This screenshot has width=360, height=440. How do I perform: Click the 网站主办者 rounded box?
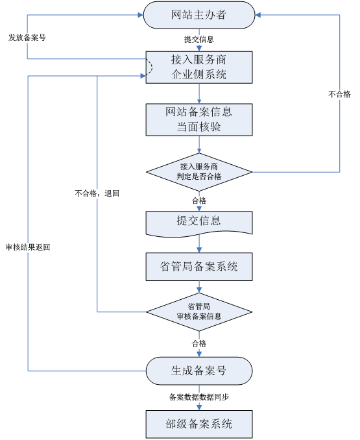click(x=198, y=15)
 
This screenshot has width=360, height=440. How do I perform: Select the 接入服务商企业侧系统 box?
click(x=198, y=67)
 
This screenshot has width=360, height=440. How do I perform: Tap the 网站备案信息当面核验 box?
click(x=198, y=119)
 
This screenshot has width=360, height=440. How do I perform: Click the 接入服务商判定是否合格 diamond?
click(x=198, y=172)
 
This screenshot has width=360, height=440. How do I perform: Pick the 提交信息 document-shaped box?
click(x=198, y=222)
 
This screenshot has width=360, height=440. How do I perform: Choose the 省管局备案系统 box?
click(x=198, y=266)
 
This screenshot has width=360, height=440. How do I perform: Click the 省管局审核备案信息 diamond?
click(x=198, y=312)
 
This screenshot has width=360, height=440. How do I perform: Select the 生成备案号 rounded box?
click(x=198, y=371)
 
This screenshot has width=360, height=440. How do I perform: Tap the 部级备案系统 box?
click(x=198, y=424)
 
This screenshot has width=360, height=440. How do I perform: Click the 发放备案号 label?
click(x=27, y=38)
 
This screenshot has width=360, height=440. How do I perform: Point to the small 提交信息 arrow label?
click(x=198, y=40)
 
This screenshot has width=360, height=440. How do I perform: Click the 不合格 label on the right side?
click(x=339, y=94)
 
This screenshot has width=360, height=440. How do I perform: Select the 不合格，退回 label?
click(x=97, y=193)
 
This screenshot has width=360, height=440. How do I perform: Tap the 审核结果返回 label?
click(x=28, y=247)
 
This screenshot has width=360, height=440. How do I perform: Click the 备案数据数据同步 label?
click(x=198, y=397)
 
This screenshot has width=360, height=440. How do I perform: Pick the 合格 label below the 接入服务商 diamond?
click(x=198, y=200)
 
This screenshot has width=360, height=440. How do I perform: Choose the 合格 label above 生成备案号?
click(x=198, y=343)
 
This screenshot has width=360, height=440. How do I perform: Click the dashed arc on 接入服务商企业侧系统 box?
click(x=150, y=67)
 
